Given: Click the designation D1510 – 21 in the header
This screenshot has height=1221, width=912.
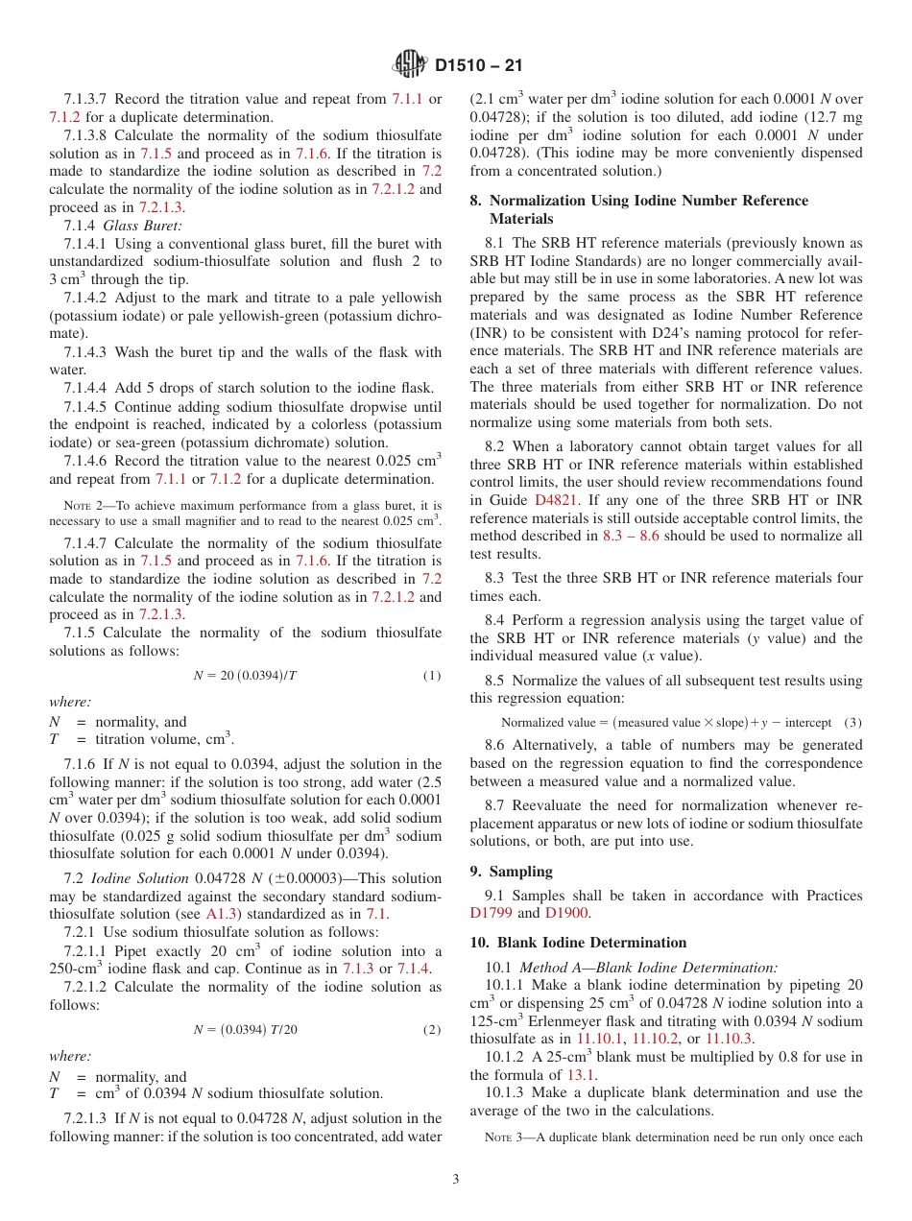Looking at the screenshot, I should (x=478, y=66).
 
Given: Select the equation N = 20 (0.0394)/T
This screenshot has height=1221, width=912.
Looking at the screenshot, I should (x=245, y=675).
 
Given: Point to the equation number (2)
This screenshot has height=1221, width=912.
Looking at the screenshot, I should (x=432, y=1030).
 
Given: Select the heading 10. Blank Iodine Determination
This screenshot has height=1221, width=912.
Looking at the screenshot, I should (x=578, y=943).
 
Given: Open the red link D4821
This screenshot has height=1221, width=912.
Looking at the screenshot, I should (x=554, y=500).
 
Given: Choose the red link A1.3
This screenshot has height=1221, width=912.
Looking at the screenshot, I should (x=222, y=914).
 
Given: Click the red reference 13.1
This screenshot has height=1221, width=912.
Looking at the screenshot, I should (x=584, y=1075).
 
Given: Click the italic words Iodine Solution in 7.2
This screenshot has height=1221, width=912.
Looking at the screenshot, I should (x=140, y=878).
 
